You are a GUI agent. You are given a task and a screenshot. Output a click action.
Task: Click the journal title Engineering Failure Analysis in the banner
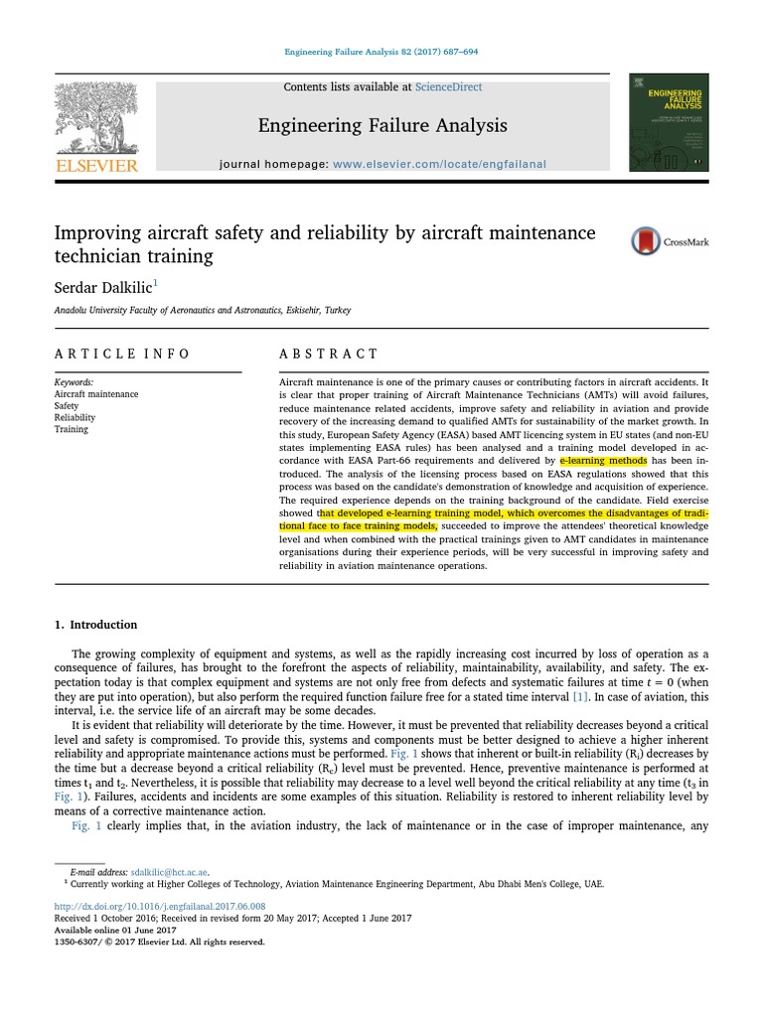pos(382,125)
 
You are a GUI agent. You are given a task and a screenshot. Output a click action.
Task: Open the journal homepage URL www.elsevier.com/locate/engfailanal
pos(439,164)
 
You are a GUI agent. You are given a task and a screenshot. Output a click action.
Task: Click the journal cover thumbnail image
pos(669,122)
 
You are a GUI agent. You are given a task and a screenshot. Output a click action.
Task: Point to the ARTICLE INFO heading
pos(121,354)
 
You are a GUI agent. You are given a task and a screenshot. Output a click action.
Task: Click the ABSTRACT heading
pos(329,354)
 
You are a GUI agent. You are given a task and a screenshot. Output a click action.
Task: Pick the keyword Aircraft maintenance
pos(96,394)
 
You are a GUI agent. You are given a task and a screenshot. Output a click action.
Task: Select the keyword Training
pos(72,430)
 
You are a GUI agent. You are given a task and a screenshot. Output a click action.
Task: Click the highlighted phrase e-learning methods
pos(603,462)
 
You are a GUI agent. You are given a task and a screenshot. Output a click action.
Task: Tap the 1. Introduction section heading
pos(95,625)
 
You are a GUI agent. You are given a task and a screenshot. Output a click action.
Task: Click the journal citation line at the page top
pos(382,53)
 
